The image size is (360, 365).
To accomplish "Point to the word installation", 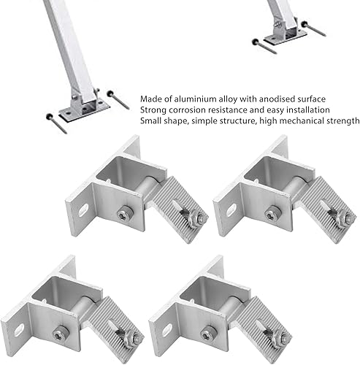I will (301, 109).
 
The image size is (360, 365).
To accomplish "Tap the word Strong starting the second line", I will (153, 109).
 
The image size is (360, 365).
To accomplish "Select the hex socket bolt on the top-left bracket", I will (124, 213).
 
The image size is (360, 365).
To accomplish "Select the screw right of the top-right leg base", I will (317, 29).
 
